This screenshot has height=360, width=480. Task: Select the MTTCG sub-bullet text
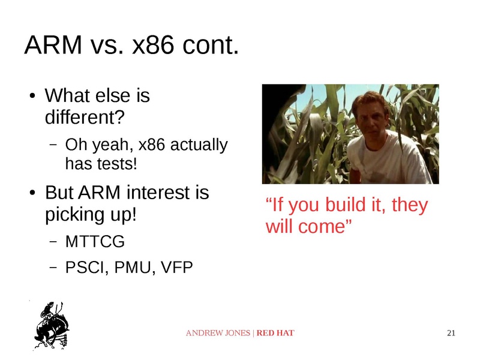click(95, 242)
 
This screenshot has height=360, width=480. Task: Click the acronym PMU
click(131, 267)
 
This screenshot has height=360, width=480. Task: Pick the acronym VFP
click(176, 267)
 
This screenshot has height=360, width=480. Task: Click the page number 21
click(452, 333)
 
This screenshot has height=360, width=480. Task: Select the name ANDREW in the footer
click(203, 333)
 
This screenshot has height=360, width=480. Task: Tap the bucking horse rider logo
click(50, 325)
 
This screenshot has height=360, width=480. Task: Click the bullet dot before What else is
click(33, 97)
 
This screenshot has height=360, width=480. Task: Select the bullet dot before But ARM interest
click(33, 194)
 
